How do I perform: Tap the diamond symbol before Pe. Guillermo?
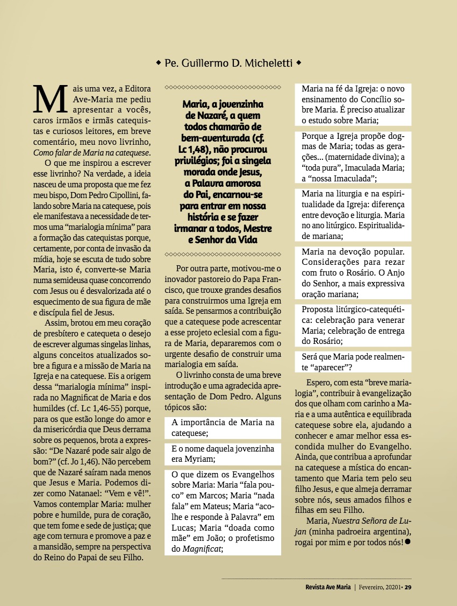[158, 64]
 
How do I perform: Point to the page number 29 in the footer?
[408, 587]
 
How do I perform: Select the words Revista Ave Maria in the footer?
[320, 587]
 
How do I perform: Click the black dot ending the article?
[408, 541]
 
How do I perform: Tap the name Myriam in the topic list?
[201, 459]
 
